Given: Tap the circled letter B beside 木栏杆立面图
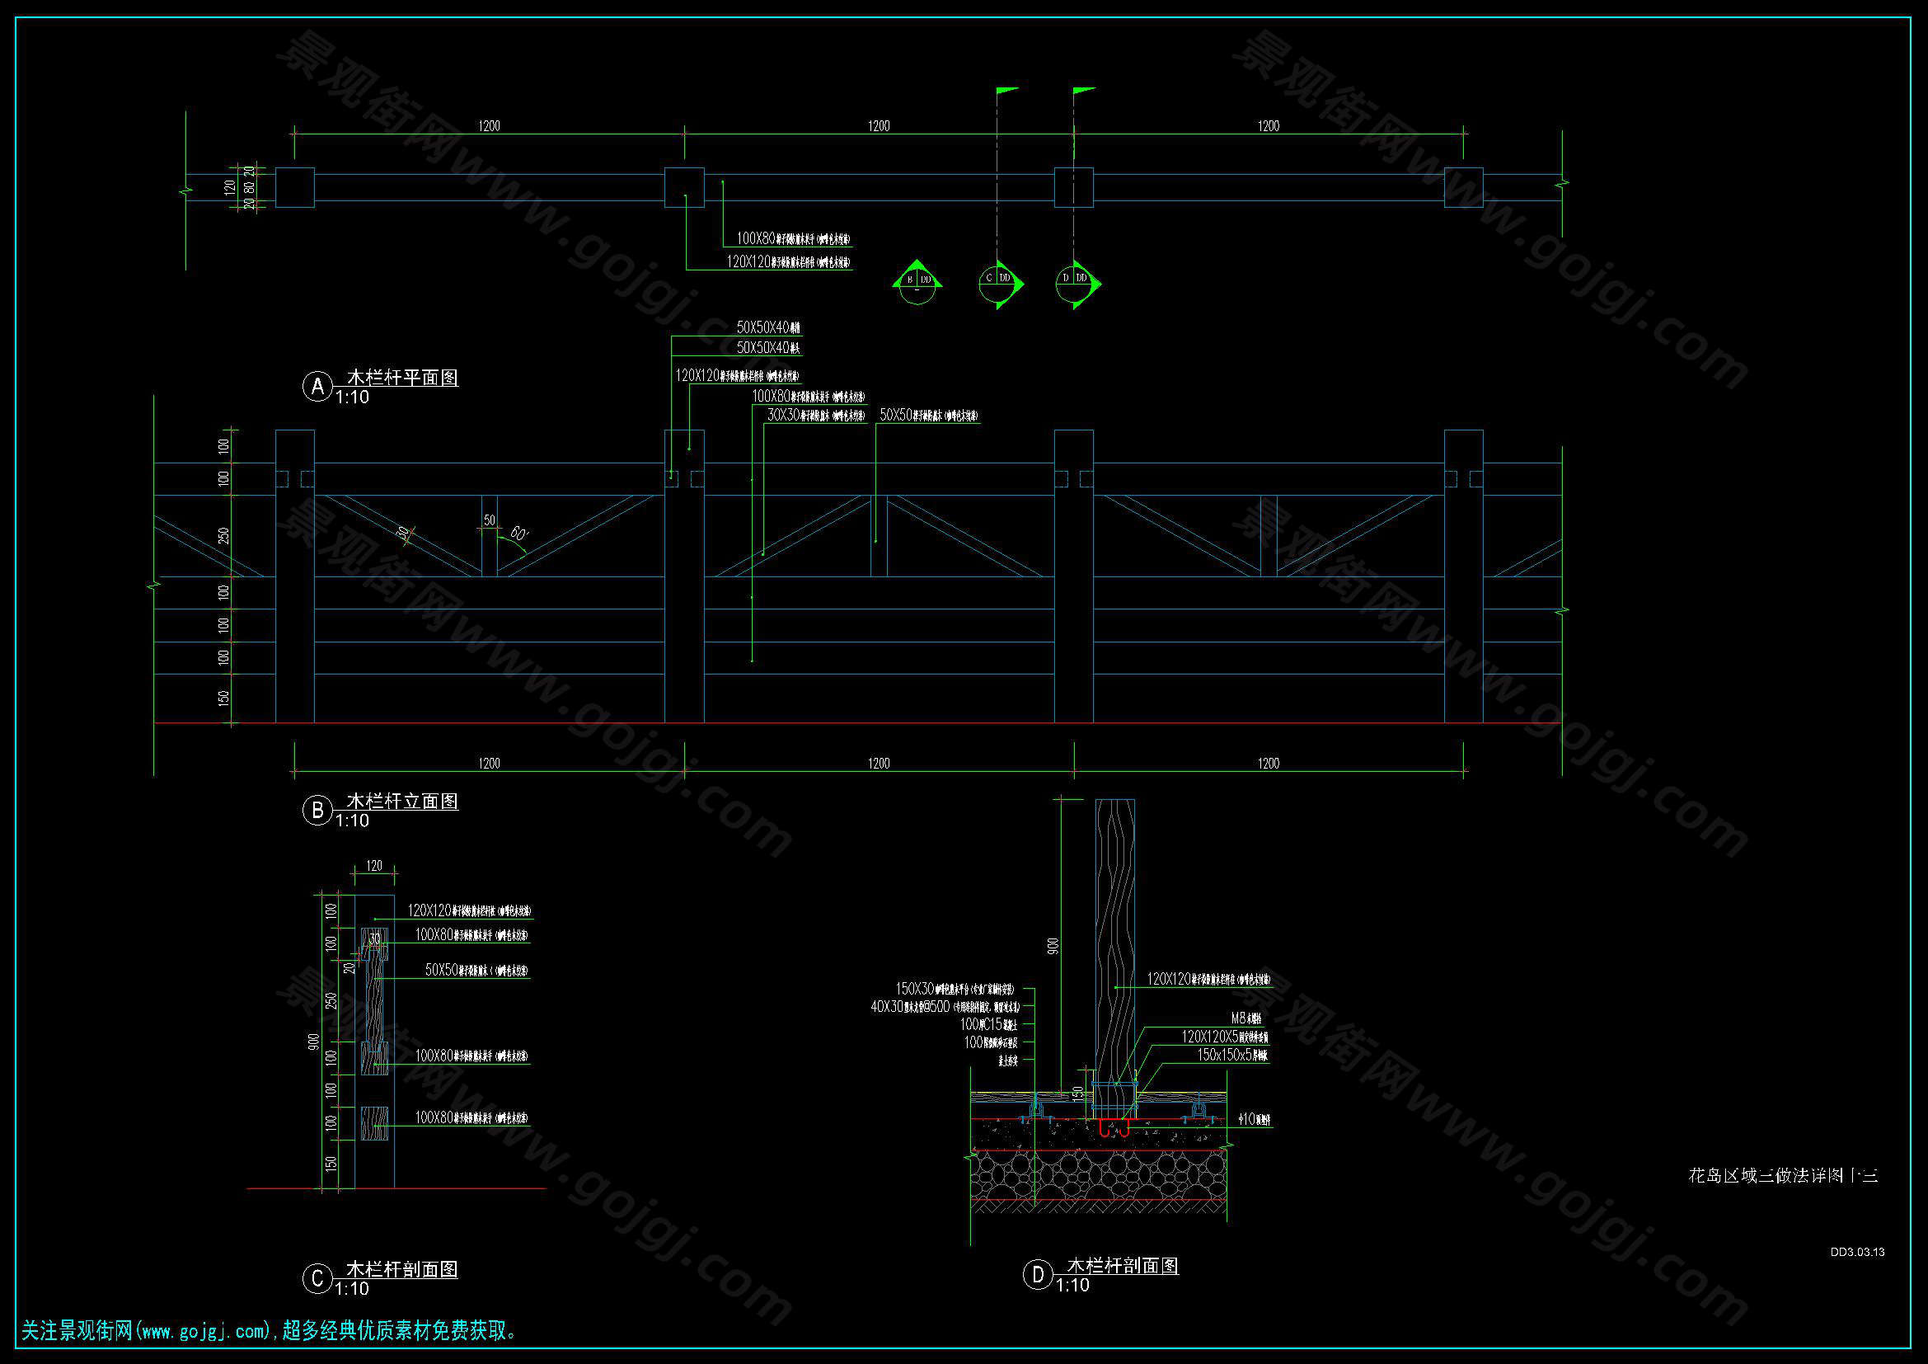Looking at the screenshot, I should pyautogui.click(x=317, y=811).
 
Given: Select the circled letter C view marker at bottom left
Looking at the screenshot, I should pyautogui.click(x=317, y=1278).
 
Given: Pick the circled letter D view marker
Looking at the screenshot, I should pyautogui.click(x=1038, y=1275).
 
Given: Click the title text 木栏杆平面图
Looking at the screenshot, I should pyautogui.click(x=402, y=378).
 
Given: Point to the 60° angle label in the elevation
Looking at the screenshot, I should pyautogui.click(x=518, y=534).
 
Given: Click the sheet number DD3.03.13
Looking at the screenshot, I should pyautogui.click(x=1857, y=1253).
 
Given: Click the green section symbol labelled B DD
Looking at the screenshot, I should pyautogui.click(x=917, y=281).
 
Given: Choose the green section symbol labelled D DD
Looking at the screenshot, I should pyautogui.click(x=1075, y=281).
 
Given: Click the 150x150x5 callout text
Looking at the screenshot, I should pyautogui.click(x=1231, y=1055).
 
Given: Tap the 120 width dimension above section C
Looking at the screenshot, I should pyautogui.click(x=374, y=866).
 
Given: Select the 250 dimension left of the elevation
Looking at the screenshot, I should pyautogui.click(x=223, y=536).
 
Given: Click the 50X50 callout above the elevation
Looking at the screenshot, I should pyautogui.click(x=928, y=415).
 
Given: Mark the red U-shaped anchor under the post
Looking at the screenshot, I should pyautogui.click(x=1114, y=1130).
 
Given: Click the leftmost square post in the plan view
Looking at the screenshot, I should pyautogui.click(x=295, y=187).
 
